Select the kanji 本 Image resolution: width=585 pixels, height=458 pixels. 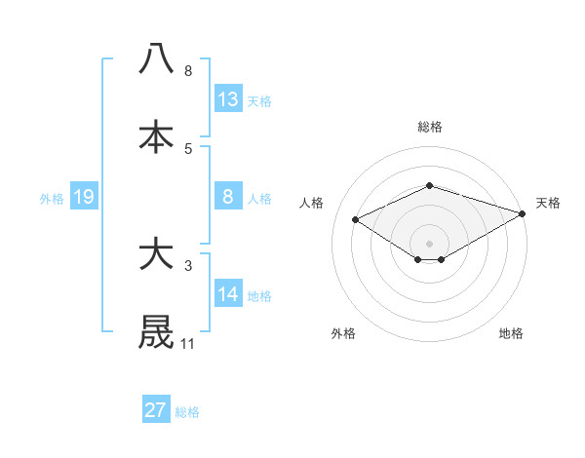(x=156, y=136)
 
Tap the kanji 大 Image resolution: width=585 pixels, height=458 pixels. (x=156, y=254)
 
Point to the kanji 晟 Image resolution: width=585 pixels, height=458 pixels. (x=156, y=331)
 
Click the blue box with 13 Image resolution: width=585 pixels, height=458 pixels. (x=228, y=99)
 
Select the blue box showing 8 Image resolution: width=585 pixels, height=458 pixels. (x=228, y=197)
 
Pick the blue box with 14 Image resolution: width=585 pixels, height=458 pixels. (x=228, y=293)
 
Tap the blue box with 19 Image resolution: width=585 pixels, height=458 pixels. (x=84, y=197)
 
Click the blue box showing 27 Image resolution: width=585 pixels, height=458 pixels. (x=156, y=410)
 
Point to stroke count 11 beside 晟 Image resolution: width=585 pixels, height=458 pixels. (x=187, y=344)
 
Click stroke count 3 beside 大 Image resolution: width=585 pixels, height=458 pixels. (x=187, y=265)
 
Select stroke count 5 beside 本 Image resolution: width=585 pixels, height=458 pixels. (x=187, y=148)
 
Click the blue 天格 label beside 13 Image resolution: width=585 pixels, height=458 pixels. (x=258, y=101)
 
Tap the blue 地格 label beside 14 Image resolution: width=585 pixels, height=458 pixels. (x=258, y=295)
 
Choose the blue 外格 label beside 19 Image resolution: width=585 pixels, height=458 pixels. (x=52, y=199)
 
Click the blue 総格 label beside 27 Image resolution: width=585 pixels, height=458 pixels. (x=187, y=412)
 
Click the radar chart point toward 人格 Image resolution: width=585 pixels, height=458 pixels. (x=356, y=220)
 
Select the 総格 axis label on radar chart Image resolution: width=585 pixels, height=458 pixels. (x=429, y=127)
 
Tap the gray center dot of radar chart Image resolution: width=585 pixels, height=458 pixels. (x=429, y=243)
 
